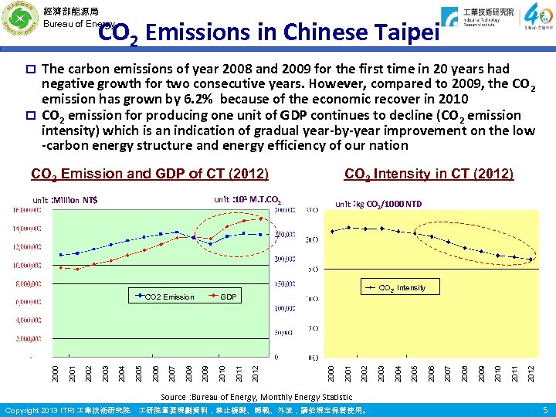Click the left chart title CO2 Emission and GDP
click(x=149, y=174)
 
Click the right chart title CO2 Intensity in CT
click(x=428, y=174)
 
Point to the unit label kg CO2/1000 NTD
click(x=378, y=204)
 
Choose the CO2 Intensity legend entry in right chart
click(x=399, y=288)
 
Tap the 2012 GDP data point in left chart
click(x=263, y=219)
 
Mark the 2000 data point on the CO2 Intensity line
click(x=332, y=231)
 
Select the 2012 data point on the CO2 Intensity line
click(x=531, y=258)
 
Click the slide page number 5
click(x=544, y=409)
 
